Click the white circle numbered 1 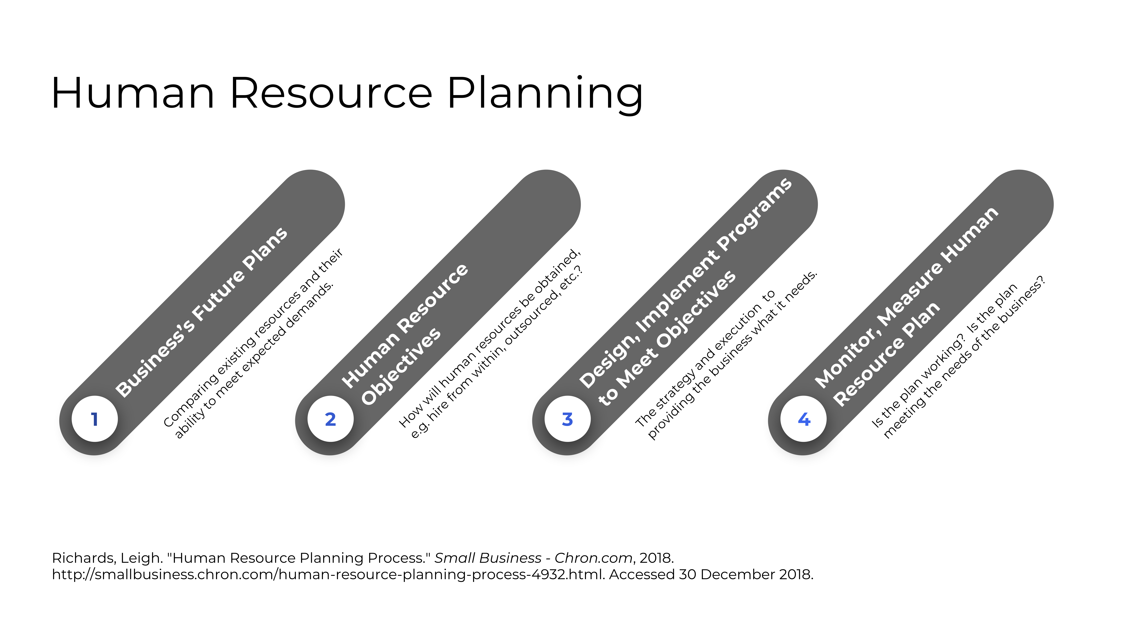click(x=95, y=419)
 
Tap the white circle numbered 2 click(x=330, y=419)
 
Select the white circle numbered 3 click(x=568, y=419)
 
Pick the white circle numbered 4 click(x=803, y=419)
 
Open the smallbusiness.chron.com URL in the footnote click(x=329, y=575)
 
